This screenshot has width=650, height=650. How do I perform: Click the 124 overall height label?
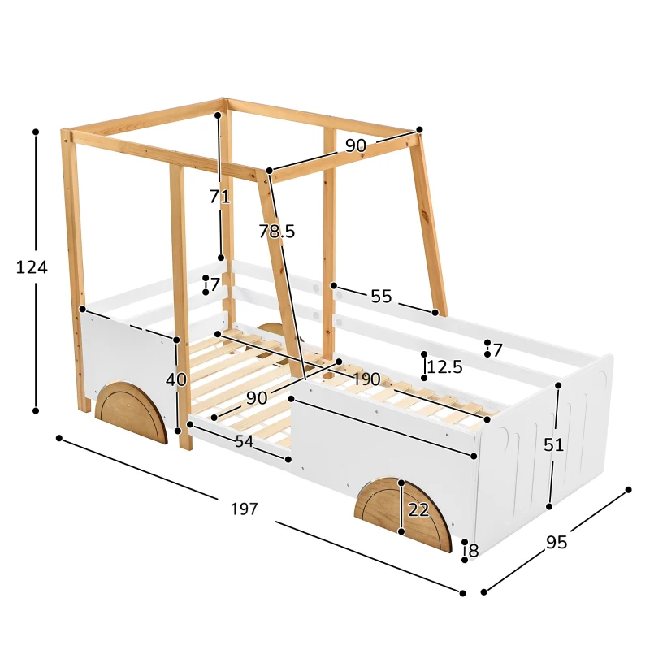click(x=32, y=267)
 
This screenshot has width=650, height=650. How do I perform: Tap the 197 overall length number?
click(x=245, y=509)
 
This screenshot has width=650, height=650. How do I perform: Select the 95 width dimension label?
click(x=557, y=542)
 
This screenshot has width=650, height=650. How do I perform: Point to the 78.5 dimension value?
click(x=277, y=231)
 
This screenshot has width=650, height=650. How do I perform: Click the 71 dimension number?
click(x=219, y=196)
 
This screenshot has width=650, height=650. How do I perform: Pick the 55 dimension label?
click(x=381, y=296)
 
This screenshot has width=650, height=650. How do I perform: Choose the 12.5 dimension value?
click(x=444, y=366)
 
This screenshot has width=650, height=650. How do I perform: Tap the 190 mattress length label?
click(x=366, y=379)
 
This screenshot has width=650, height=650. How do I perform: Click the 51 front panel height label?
click(x=553, y=444)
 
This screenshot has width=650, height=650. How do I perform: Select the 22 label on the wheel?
click(x=418, y=509)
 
